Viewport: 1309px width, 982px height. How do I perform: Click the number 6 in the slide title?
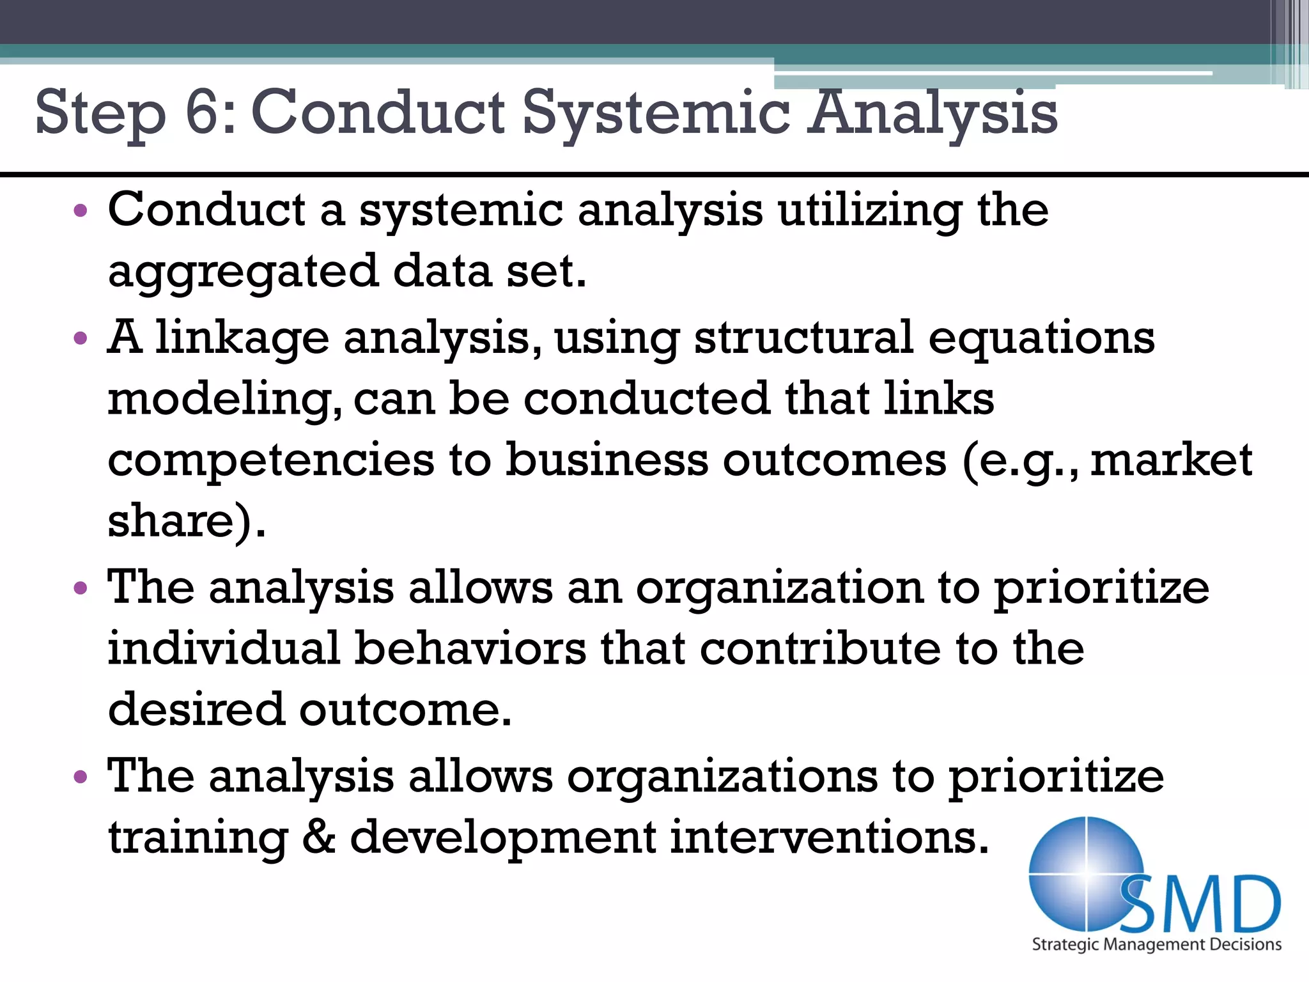coord(203,112)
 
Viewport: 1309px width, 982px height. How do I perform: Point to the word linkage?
coord(242,339)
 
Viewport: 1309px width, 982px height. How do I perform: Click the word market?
coord(1171,460)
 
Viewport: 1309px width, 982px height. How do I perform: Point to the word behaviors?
coord(470,648)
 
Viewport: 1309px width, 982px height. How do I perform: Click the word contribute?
coord(820,648)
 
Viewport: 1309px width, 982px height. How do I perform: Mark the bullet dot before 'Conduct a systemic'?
coord(80,210)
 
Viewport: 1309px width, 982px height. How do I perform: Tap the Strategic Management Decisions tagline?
coord(1156,945)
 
